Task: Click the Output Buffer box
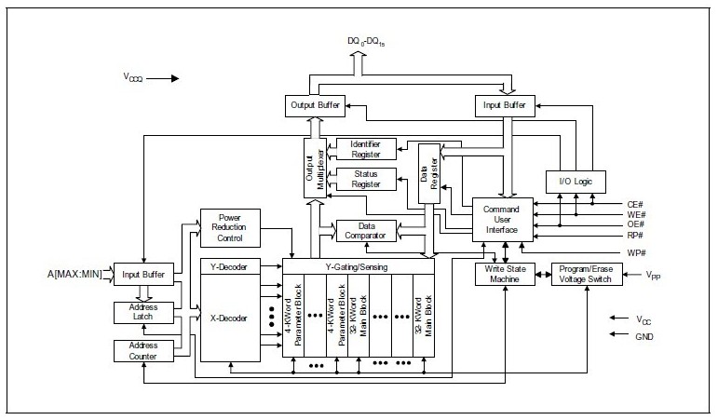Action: click(315, 106)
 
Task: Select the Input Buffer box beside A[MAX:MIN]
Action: click(143, 274)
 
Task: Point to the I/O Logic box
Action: click(575, 181)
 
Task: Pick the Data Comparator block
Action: click(365, 229)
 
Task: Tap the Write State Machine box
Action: click(502, 274)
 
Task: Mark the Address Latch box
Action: click(143, 312)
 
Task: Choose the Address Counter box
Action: click(143, 350)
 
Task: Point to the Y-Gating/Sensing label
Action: click(358, 266)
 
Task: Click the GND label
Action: click(645, 338)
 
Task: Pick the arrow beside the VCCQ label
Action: click(160, 79)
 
